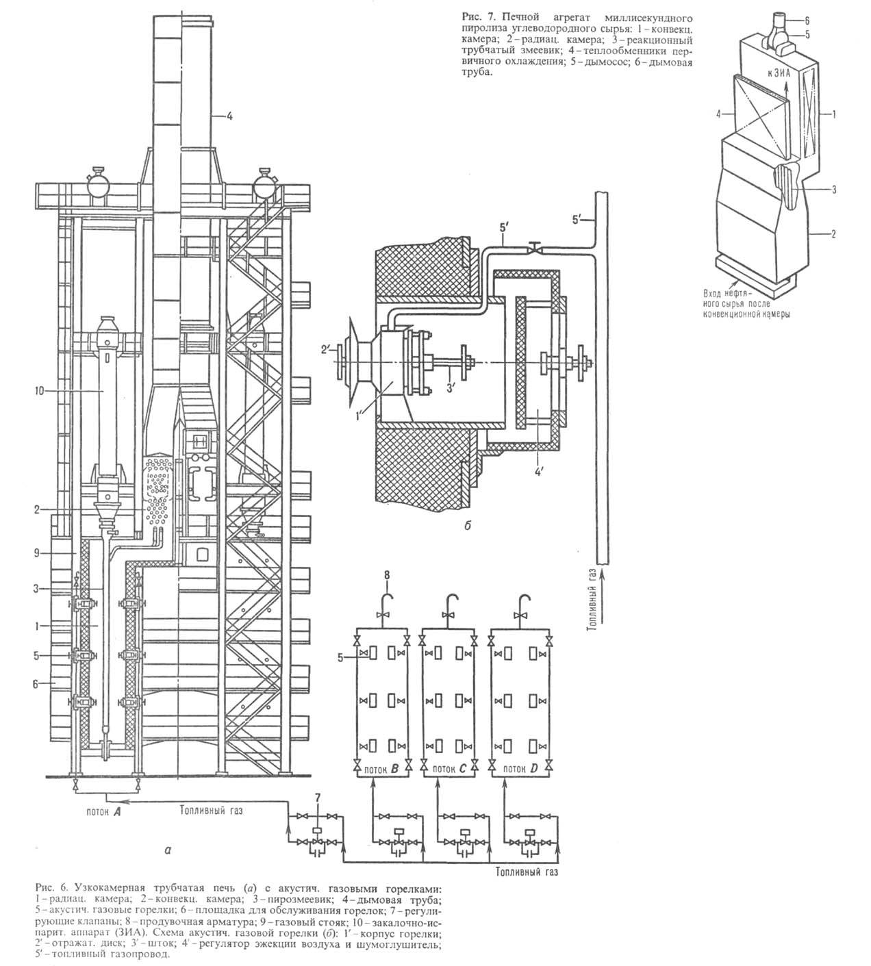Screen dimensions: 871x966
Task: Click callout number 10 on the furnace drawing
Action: click(x=39, y=392)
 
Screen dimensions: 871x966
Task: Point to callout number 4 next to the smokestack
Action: click(x=230, y=116)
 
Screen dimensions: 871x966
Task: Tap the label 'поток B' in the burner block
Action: click(x=381, y=770)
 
